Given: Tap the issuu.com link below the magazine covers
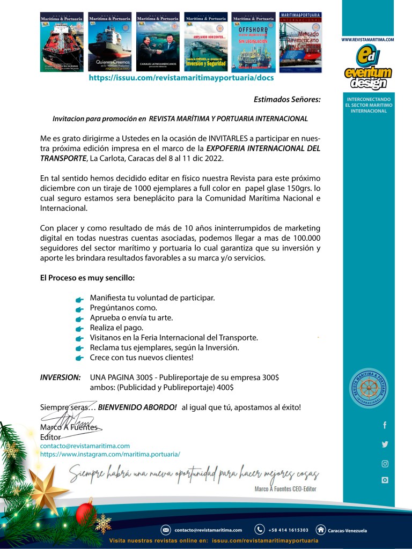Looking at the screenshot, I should pos(181,78).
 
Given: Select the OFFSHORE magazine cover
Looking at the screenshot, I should pos(253,42).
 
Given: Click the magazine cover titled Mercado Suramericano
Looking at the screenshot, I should pos(300,42).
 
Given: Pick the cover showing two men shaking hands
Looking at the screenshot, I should pos(157,42).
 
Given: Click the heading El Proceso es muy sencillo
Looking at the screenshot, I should pos(87,278).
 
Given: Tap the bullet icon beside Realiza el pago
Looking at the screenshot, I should pos(79,329).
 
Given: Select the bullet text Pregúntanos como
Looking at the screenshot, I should pos(123,308).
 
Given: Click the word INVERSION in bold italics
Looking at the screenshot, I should pos(61,377).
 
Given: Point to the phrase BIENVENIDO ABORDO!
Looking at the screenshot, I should pos(137,407).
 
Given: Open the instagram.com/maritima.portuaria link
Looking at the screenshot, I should pos(110,454).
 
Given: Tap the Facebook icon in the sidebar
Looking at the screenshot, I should pos(385,425).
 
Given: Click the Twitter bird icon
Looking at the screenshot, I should pos(385,444).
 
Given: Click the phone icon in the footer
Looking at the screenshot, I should pos(260,530).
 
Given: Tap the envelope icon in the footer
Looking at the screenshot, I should pos(166,530).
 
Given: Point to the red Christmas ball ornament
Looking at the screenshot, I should pos(84,511).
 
